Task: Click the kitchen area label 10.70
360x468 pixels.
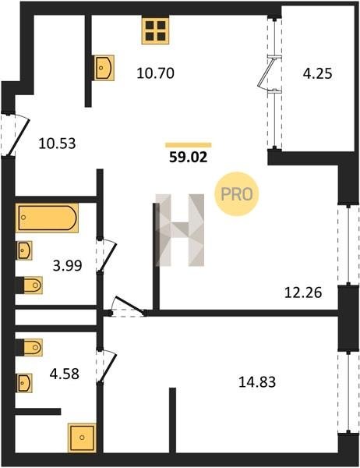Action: [155, 73]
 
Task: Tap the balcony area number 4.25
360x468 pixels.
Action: [317, 74]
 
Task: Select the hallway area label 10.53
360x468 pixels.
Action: [57, 144]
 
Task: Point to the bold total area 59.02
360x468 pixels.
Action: [189, 157]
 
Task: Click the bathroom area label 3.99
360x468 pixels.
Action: [67, 265]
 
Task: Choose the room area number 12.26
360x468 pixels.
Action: [303, 292]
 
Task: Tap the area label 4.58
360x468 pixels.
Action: [65, 374]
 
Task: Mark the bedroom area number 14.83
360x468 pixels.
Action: [257, 381]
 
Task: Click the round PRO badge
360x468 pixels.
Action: [237, 194]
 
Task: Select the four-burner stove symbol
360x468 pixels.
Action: [155, 30]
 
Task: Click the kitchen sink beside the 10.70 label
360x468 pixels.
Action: [104, 68]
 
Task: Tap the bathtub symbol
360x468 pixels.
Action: [47, 218]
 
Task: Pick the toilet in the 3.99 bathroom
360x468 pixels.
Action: [30, 285]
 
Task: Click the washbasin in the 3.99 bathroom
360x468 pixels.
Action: [24, 250]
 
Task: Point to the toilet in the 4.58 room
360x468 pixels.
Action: [30, 347]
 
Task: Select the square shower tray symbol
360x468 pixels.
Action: [82, 438]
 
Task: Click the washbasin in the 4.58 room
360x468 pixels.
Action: [24, 383]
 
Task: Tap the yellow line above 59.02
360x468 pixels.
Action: [189, 145]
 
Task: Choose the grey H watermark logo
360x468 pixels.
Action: [180, 230]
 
